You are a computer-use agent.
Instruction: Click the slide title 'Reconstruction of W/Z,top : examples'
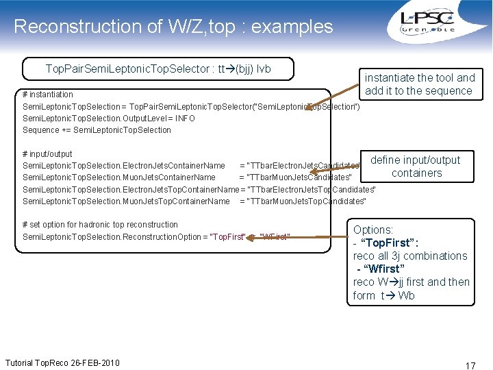(x=173, y=27)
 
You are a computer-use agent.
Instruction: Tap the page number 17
(x=470, y=365)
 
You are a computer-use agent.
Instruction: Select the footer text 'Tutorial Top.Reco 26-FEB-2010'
(x=62, y=362)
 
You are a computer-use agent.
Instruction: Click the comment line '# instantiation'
(x=48, y=95)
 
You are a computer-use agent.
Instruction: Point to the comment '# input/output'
(x=47, y=154)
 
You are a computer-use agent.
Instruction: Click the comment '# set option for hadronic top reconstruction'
(x=100, y=225)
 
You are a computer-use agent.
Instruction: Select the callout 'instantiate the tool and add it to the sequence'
(x=419, y=84)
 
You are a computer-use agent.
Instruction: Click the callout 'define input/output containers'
(x=416, y=166)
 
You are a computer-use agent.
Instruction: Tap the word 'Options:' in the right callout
(x=373, y=230)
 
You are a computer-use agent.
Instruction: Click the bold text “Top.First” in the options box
(x=394, y=243)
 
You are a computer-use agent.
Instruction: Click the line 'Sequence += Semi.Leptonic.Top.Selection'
(x=97, y=130)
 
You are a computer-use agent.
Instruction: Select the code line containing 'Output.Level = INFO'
(x=109, y=119)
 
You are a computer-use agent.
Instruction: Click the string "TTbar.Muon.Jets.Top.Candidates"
(x=307, y=201)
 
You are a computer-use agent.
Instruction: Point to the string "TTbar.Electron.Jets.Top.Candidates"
(x=312, y=189)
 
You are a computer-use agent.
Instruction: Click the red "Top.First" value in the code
(x=227, y=237)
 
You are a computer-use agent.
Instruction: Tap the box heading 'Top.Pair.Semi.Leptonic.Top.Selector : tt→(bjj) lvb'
(x=158, y=69)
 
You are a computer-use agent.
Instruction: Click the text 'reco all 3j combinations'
(x=410, y=256)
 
